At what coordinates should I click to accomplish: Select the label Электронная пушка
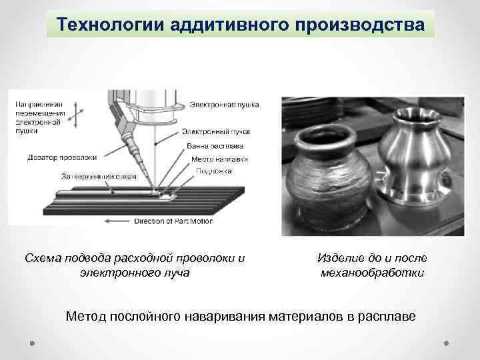click(225, 105)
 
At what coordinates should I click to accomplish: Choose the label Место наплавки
click(219, 159)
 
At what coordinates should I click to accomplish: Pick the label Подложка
click(214, 171)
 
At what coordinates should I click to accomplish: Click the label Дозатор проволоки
click(62, 157)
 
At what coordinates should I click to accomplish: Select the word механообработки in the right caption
click(372, 273)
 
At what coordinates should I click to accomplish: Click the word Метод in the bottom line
click(84, 315)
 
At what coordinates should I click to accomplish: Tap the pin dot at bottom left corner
click(32, 343)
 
